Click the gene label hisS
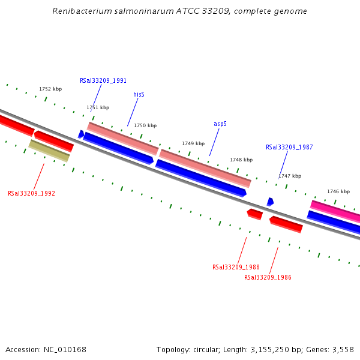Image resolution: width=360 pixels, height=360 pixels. (x=139, y=94)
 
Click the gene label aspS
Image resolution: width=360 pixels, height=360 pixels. (x=220, y=124)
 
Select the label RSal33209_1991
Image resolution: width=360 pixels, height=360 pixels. (x=103, y=80)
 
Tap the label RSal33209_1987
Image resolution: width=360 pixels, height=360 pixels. (x=289, y=147)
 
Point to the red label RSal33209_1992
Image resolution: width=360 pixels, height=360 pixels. (x=31, y=194)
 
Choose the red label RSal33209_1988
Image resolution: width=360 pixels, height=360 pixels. (x=236, y=268)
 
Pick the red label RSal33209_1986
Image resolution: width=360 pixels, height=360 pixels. (x=268, y=277)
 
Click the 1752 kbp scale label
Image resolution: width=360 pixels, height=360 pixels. (x=50, y=89)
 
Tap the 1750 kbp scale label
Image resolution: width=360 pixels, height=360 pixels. (x=145, y=125)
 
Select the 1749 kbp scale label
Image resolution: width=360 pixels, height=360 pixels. (x=193, y=143)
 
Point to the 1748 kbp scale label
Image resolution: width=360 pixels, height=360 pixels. (x=241, y=160)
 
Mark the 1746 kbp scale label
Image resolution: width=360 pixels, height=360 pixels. (x=338, y=191)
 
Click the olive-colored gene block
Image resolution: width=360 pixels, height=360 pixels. (x=49, y=150)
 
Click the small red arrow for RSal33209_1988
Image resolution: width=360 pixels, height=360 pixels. (x=254, y=214)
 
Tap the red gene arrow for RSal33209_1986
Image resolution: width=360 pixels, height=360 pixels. (x=286, y=224)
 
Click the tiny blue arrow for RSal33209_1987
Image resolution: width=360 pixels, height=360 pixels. (x=270, y=202)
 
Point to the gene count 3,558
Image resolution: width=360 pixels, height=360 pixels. (x=341, y=349)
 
